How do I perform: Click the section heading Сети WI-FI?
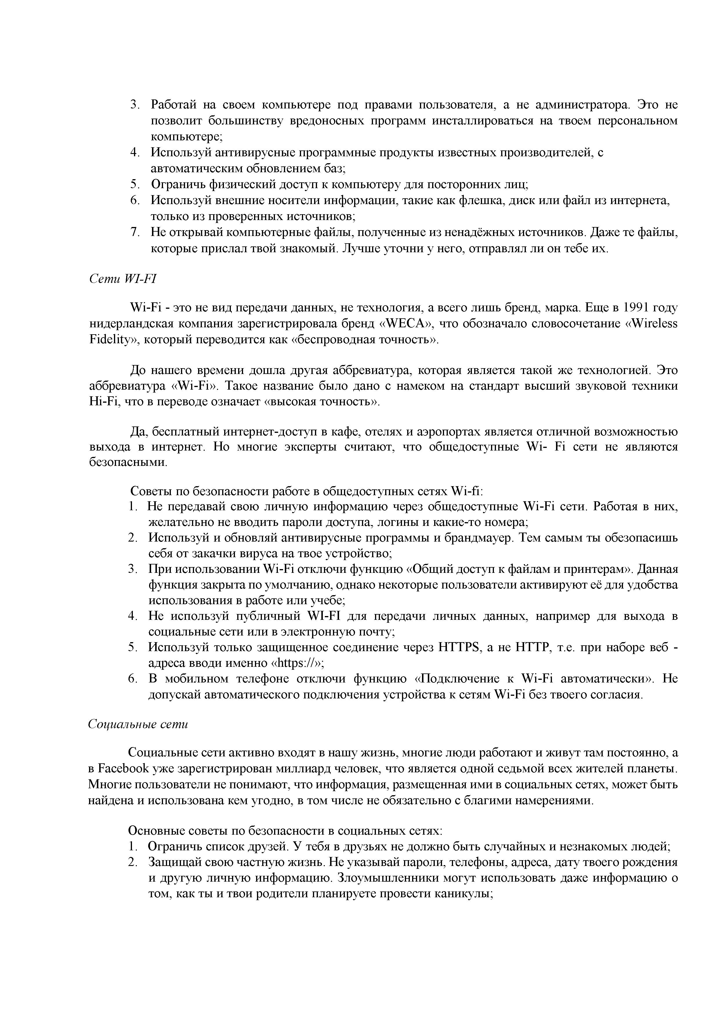pyautogui.click(x=123, y=279)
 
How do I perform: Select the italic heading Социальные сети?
pyautogui.click(x=138, y=724)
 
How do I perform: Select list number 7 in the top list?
pyautogui.click(x=135, y=232)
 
